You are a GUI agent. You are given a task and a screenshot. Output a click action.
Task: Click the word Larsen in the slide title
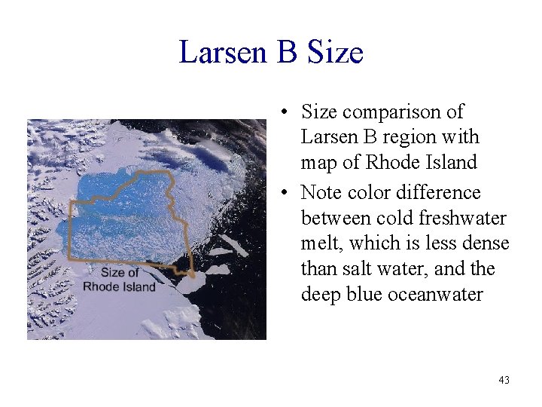[x=224, y=53]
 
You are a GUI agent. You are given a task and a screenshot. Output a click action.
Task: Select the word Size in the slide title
[x=336, y=53]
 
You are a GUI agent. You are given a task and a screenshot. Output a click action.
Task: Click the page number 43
[x=504, y=380]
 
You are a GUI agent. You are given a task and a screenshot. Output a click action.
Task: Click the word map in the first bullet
[x=318, y=163]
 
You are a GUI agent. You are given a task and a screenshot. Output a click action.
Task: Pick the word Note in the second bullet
[x=321, y=193]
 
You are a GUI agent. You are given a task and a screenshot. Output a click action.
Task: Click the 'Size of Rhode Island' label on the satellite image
[x=119, y=280]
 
